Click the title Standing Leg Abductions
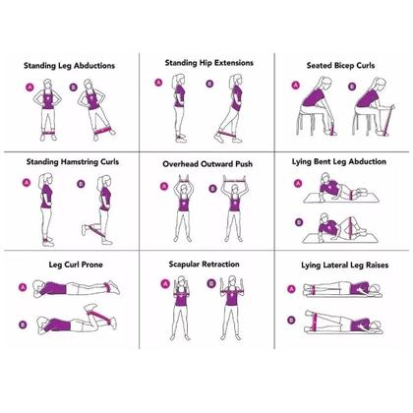point(69,66)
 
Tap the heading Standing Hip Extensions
point(209,63)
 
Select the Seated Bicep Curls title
point(340,66)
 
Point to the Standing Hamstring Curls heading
point(73,162)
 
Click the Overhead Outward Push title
point(207,164)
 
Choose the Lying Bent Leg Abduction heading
point(339,161)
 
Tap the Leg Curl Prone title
point(76,265)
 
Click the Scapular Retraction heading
point(204,265)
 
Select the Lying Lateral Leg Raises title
point(345,265)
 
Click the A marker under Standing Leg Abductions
point(29,88)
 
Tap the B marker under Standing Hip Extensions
point(209,84)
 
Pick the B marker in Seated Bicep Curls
point(352,87)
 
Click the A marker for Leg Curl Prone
point(23,287)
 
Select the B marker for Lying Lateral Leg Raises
point(291,320)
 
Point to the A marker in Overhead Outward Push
point(164,187)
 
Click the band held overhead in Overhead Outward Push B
point(235,179)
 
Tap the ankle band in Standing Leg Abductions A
point(48,133)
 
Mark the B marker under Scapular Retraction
point(211,283)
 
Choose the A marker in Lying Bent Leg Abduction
point(298,184)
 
